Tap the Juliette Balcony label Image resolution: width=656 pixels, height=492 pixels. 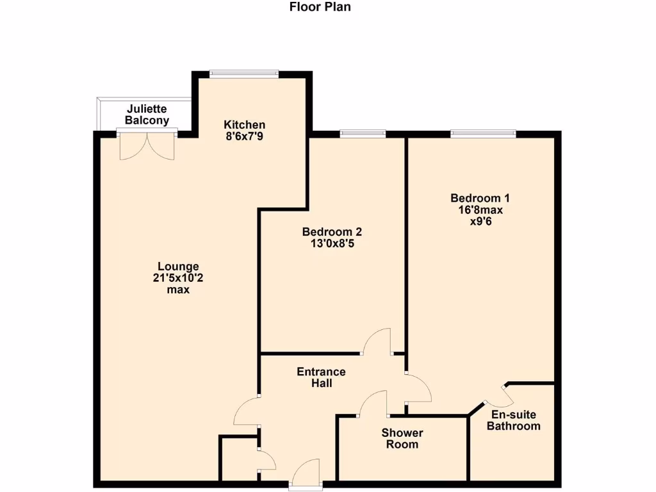(147, 114)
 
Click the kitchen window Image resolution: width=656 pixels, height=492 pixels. (244, 74)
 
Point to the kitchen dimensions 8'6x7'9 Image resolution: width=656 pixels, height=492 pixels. (244, 136)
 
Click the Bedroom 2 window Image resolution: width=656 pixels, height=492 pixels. (363, 134)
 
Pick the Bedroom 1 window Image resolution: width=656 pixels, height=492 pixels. (483, 134)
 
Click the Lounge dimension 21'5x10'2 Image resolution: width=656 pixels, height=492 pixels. (179, 278)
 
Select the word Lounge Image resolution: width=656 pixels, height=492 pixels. (179, 266)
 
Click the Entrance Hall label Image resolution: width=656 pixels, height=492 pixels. (321, 377)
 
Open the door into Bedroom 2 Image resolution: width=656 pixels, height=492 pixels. (377, 342)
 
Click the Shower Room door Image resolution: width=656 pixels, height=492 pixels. (373, 404)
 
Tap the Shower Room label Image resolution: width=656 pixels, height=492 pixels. (402, 439)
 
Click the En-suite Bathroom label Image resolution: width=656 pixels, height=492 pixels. (513, 420)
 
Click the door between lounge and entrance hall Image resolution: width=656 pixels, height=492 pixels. (247, 411)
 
